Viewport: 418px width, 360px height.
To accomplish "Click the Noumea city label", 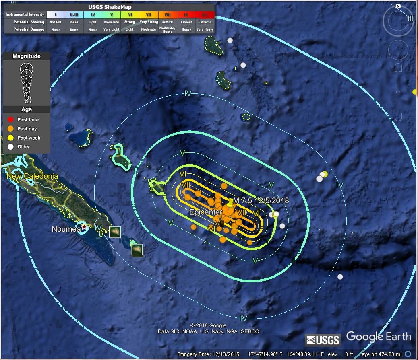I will [x=66, y=229].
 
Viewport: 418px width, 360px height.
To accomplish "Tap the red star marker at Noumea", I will [x=84, y=227].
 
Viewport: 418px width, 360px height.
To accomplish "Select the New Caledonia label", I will [x=32, y=176].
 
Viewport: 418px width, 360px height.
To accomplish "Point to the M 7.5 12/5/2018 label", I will [x=261, y=200].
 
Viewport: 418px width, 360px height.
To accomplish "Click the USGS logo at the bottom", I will [x=323, y=340].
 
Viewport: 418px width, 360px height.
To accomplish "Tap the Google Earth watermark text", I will [x=379, y=337].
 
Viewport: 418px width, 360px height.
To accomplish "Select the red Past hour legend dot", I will [x=11, y=120].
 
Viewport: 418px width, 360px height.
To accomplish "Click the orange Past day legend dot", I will [x=11, y=129].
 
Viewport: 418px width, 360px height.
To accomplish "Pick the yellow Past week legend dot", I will [x=11, y=138].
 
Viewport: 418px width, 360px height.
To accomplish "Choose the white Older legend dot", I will [x=11, y=147].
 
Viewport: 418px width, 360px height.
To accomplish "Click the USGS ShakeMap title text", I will [x=110, y=7].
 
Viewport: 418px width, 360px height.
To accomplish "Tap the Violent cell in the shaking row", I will [x=186, y=22].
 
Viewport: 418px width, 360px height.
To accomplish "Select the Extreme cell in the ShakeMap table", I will [x=205, y=22].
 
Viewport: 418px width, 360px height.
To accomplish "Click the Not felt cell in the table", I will [x=55, y=22].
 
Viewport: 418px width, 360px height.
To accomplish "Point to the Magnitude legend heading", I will [x=27, y=56].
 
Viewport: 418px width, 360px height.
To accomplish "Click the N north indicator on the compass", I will [x=398, y=6].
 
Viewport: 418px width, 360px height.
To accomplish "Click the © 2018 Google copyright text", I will [x=208, y=326].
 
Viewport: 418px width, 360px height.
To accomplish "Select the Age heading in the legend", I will [x=27, y=109].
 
